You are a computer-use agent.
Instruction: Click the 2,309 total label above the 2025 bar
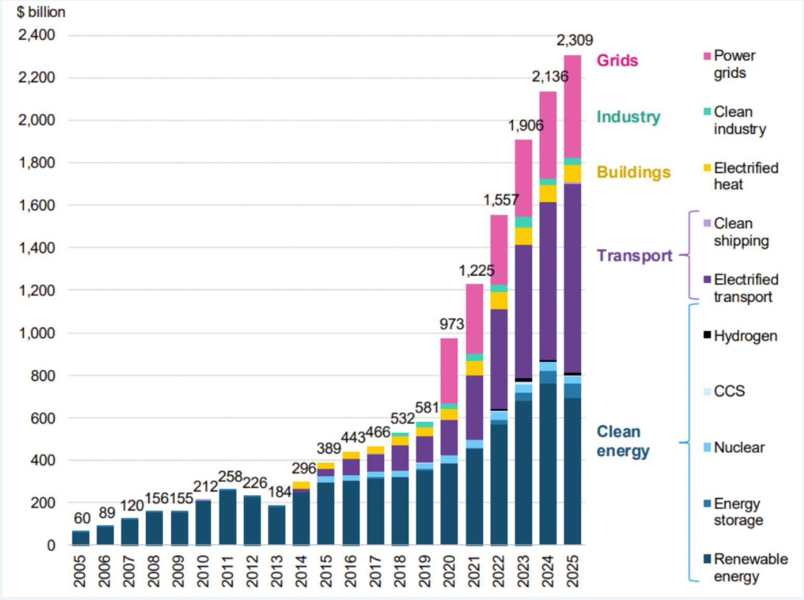click(x=575, y=40)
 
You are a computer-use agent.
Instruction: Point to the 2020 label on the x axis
click(x=449, y=571)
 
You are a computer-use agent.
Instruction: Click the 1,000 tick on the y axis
click(x=37, y=333)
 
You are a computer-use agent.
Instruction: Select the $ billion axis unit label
click(x=41, y=12)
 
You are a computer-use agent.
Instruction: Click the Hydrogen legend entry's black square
click(x=707, y=335)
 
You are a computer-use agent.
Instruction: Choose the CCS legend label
click(x=729, y=391)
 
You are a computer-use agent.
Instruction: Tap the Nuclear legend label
click(x=739, y=447)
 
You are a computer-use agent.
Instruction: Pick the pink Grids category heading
click(x=617, y=61)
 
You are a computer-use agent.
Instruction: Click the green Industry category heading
click(x=628, y=116)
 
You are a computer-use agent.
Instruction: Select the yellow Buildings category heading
click(x=634, y=172)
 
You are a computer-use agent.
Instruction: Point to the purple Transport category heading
click(x=635, y=256)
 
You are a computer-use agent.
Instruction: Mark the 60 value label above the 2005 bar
click(x=82, y=518)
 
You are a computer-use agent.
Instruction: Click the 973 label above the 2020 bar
click(x=452, y=324)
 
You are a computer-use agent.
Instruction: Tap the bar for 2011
click(x=228, y=517)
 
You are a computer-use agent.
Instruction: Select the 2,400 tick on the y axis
click(x=36, y=35)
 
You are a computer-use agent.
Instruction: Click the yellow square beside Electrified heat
click(x=707, y=167)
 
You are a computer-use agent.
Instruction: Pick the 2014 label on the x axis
click(x=302, y=571)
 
